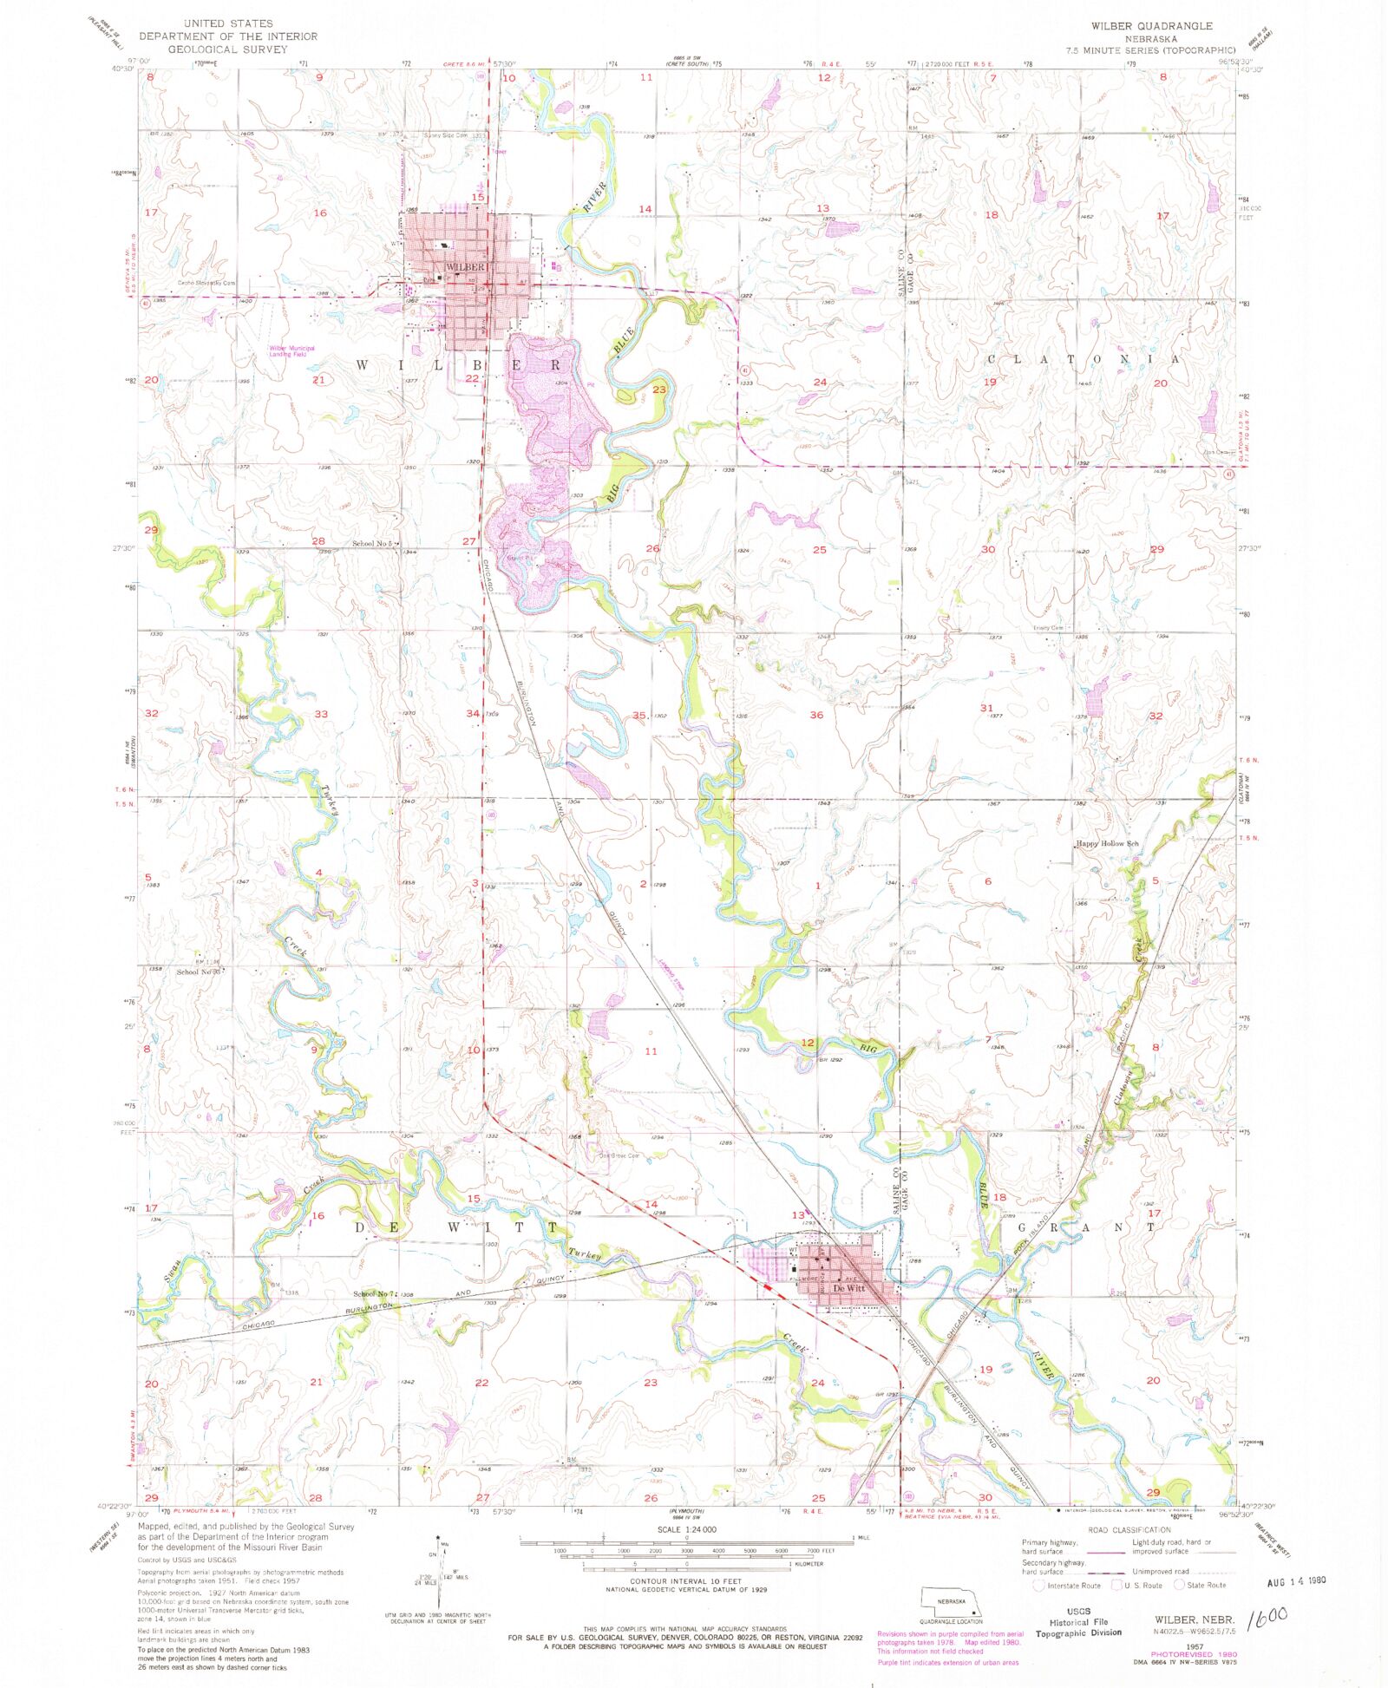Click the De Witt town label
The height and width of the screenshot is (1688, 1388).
pos(848,1289)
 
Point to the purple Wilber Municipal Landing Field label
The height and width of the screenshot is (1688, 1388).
pos(291,351)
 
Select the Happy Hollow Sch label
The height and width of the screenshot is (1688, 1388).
pos(1107,843)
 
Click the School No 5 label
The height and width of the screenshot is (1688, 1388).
pos(373,544)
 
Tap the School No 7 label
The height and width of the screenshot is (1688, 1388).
pos(374,1293)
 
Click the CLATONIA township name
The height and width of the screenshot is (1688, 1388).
pos(1084,359)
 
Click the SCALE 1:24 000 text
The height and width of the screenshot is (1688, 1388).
pos(686,1530)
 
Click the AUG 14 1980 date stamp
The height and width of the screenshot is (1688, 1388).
pos(1290,1580)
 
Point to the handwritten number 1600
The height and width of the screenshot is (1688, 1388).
pos(1267,1617)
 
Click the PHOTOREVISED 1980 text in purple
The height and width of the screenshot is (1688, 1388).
pos(1195,1654)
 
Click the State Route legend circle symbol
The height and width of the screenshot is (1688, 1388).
pos(1179,1585)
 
